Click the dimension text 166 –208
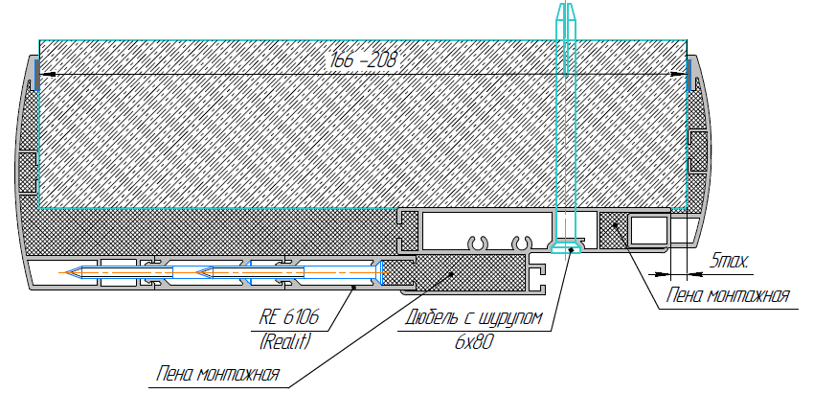(x=363, y=60)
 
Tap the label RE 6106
(x=289, y=316)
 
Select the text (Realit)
(x=284, y=341)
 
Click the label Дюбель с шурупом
(x=474, y=316)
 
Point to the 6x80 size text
(x=473, y=342)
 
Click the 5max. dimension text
(x=730, y=261)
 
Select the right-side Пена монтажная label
(x=728, y=295)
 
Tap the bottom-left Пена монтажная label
(x=218, y=374)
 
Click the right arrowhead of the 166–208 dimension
(x=679, y=75)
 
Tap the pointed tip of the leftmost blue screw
(x=63, y=272)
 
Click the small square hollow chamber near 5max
(x=648, y=230)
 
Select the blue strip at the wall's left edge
(x=36, y=75)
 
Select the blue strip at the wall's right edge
(x=689, y=75)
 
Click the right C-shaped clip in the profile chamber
(x=521, y=242)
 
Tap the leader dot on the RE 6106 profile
(x=354, y=286)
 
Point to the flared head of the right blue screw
(x=378, y=272)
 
